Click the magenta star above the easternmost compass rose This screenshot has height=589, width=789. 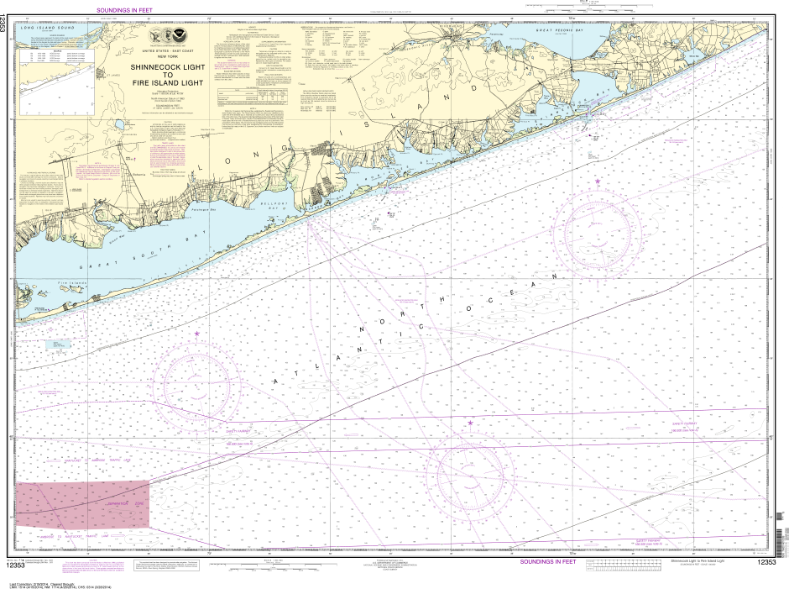pos(598,181)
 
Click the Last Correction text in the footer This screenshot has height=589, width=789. pos(38,580)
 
